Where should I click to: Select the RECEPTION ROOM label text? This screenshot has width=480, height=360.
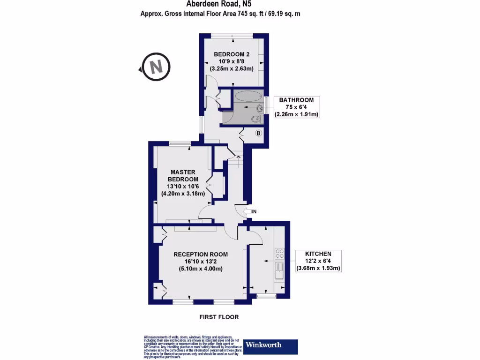(x=201, y=255)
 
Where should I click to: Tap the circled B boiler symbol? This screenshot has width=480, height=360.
(x=258, y=133)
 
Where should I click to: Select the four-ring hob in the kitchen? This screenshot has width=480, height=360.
(x=279, y=254)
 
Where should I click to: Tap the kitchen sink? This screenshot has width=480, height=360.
(x=279, y=270)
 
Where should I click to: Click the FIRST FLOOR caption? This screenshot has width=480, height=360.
(x=219, y=317)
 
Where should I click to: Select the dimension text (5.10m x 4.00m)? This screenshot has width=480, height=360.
(x=201, y=269)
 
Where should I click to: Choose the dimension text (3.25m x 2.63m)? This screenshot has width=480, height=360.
(x=232, y=68)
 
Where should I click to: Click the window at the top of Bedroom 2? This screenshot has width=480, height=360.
(x=232, y=36)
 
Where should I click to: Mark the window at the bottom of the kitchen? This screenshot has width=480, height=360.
(x=267, y=296)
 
